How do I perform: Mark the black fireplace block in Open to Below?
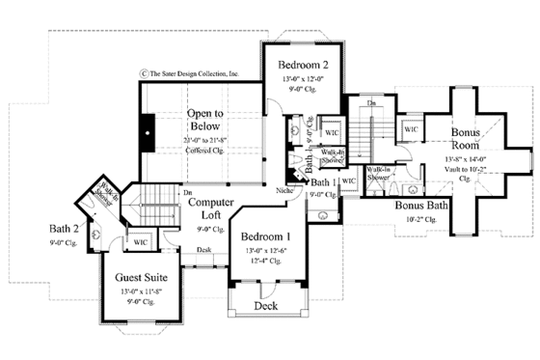[148, 129]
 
